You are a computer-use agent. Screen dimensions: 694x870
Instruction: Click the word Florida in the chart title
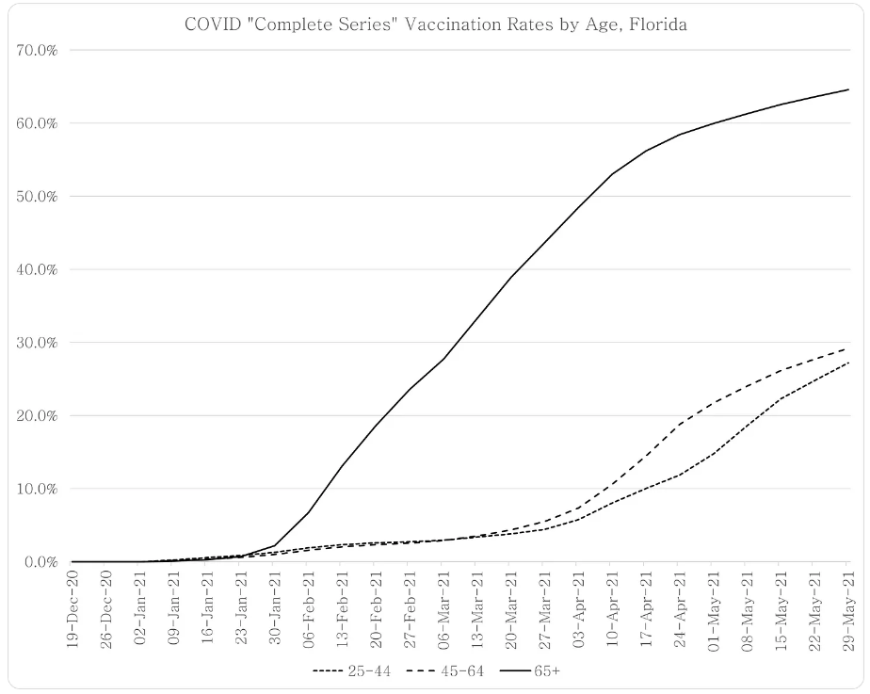coord(658,24)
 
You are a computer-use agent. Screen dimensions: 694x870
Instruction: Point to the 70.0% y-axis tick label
coord(38,50)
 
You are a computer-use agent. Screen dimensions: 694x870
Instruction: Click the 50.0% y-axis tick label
coord(38,196)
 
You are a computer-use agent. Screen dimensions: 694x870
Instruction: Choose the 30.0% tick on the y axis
coord(38,343)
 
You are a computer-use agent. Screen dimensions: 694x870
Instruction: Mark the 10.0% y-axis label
coord(38,489)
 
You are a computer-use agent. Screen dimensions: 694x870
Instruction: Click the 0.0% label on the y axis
coord(40,562)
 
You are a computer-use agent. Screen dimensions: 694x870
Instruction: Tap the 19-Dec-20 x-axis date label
coord(72,602)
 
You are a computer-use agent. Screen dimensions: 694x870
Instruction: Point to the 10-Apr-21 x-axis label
coord(611,602)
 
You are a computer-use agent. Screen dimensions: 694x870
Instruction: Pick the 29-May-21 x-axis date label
coord(846,602)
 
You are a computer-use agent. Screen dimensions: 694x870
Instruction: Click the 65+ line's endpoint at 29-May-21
coord(847,89)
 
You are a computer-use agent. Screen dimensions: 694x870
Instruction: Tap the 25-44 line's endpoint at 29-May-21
coord(847,363)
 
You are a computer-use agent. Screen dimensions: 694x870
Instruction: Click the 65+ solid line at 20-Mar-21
coord(510,278)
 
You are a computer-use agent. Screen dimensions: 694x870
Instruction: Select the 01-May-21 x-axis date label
coord(712,602)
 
